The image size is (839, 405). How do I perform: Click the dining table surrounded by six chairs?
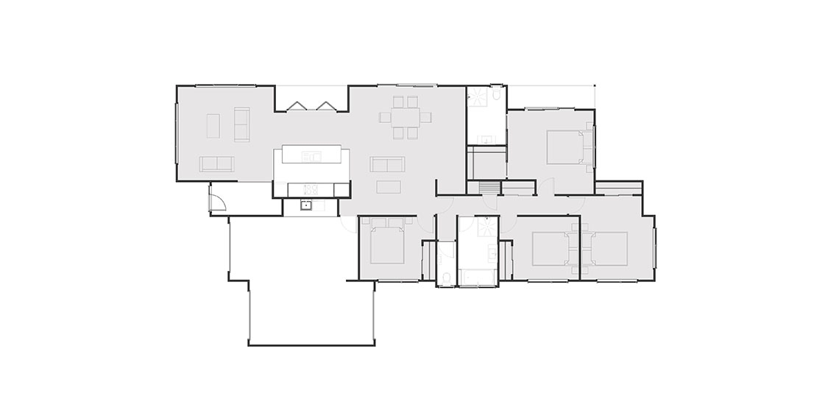404,117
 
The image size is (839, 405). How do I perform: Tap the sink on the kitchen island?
312,156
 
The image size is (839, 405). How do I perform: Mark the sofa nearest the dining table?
387,163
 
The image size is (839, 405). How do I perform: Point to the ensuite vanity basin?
486,138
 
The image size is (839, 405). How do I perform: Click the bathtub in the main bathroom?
478,277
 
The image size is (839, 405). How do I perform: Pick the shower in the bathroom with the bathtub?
486,225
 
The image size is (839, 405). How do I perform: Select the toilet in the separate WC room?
447,277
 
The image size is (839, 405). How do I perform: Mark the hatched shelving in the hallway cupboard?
489,187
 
